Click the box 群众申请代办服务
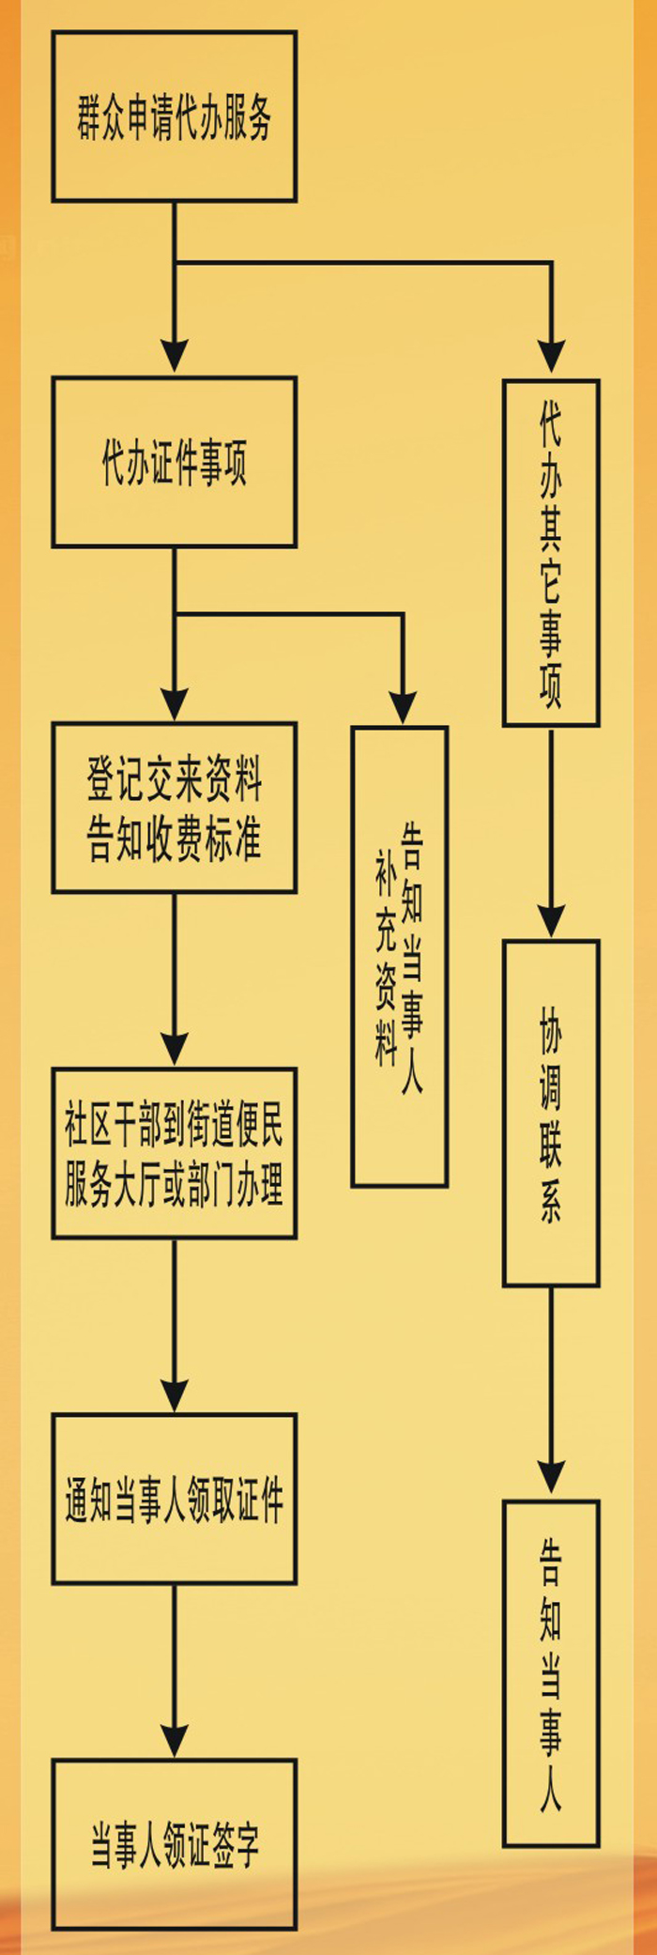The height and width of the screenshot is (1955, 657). (x=175, y=116)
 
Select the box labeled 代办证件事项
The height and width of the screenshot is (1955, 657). (x=175, y=462)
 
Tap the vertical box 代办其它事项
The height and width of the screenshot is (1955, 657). (x=551, y=552)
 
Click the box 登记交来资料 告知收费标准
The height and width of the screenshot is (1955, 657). (x=175, y=808)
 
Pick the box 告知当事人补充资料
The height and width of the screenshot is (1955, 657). (x=400, y=956)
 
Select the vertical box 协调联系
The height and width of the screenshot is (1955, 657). (x=551, y=1113)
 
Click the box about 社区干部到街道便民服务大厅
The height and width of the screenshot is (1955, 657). (x=175, y=1153)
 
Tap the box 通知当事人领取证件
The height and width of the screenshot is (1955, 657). (x=175, y=1499)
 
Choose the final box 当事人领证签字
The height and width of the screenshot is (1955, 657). (x=175, y=1844)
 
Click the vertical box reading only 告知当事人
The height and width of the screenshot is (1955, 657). (x=551, y=1673)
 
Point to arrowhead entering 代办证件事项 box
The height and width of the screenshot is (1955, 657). (x=175, y=357)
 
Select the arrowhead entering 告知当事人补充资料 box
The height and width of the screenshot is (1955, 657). (x=403, y=706)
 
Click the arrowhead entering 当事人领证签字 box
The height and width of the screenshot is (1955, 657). (x=175, y=1739)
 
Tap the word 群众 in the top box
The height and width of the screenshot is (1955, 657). (x=100, y=117)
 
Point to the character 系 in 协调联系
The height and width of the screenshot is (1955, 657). (x=551, y=1202)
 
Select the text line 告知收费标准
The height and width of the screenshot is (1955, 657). (x=175, y=839)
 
